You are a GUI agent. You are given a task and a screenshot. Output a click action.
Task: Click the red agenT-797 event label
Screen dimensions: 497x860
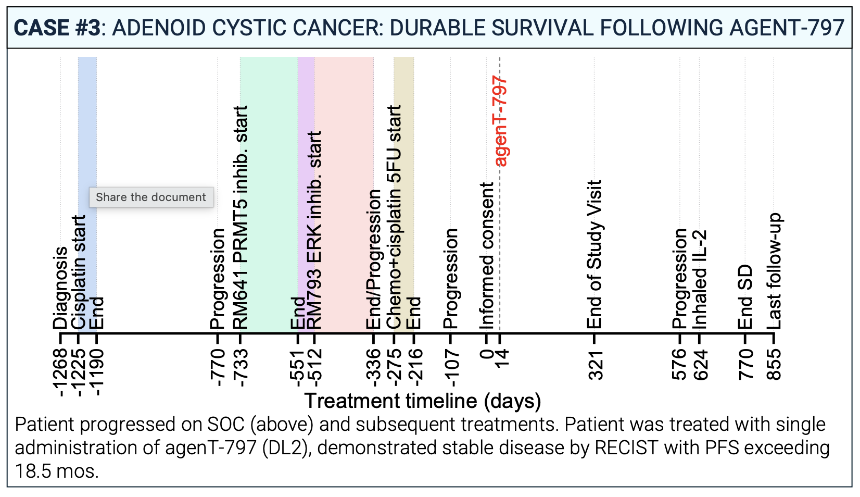pyautogui.click(x=500, y=121)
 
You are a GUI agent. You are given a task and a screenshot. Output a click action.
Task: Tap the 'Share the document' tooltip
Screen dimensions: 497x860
pyautogui.click(x=151, y=197)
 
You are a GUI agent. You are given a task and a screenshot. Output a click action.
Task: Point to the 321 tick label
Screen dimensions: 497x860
pyautogui.click(x=595, y=365)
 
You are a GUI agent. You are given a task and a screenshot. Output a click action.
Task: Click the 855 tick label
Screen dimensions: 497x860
pyautogui.click(x=774, y=365)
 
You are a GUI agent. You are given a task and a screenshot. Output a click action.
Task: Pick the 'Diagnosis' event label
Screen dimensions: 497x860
pyautogui.click(x=60, y=288)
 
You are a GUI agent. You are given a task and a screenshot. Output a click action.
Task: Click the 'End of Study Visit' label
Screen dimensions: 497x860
pyautogui.click(x=594, y=254)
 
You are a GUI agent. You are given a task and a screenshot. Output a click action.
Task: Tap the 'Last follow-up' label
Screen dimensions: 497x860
pyautogui.click(x=774, y=271)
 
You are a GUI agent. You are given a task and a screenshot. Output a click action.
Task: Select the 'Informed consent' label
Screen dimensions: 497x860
pyautogui.click(x=487, y=255)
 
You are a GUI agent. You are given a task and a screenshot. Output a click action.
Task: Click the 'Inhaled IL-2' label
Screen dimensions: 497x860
pyautogui.click(x=700, y=279)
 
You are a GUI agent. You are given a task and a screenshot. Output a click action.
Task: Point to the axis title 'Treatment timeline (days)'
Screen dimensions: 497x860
pyautogui.click(x=422, y=401)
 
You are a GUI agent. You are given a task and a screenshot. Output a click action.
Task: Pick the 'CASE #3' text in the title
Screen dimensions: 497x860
pyautogui.click(x=56, y=28)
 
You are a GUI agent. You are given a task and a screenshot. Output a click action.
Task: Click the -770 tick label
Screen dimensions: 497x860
pyautogui.click(x=218, y=368)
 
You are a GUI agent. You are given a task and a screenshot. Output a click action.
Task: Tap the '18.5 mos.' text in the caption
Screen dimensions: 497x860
pyautogui.click(x=56, y=471)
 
